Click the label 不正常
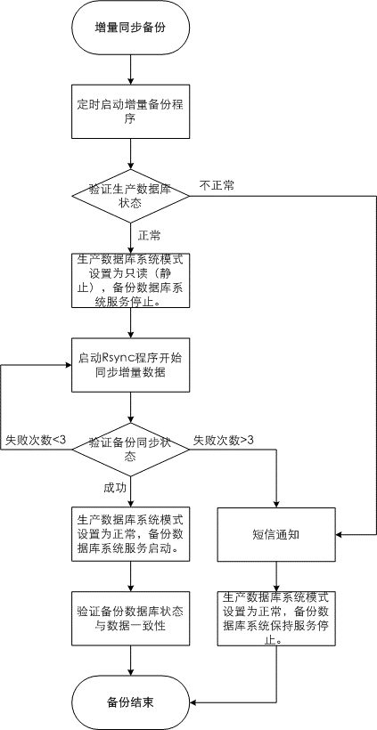217,185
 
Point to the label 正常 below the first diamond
149,236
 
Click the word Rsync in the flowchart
117,359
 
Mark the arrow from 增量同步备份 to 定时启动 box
131,69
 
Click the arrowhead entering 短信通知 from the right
340,534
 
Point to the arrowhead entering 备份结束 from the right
194,702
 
